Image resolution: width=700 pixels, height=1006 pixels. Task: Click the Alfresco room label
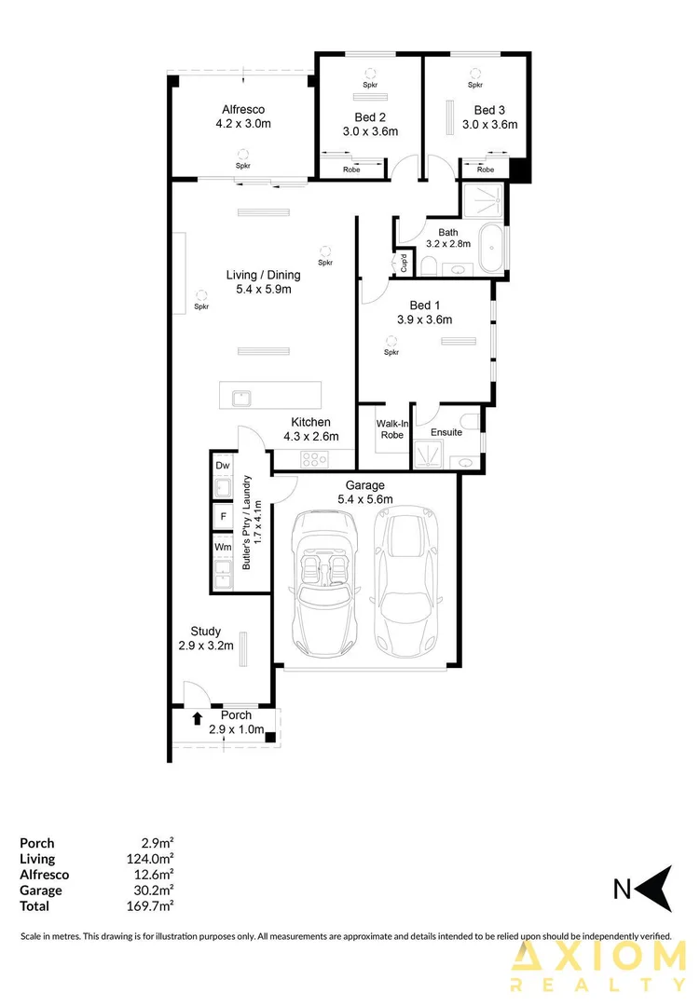pos(242,110)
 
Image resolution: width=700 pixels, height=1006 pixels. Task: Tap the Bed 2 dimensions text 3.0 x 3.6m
pos(370,132)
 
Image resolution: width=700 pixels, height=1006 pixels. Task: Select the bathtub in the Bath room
pos(490,248)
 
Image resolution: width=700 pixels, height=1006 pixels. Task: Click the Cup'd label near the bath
pos(404,263)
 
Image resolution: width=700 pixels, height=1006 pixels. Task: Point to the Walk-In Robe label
pos(392,428)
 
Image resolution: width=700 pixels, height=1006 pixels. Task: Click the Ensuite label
pos(446,432)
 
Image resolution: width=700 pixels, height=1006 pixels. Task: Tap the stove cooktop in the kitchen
pos(315,458)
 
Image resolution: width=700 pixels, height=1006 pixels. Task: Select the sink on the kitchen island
pos(241,397)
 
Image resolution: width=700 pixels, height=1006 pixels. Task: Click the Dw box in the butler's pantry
pos(223,465)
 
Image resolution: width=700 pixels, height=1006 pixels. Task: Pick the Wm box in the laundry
pos(223,547)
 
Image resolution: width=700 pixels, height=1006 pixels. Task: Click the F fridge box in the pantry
pos(223,516)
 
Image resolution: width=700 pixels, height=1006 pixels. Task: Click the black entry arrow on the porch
pos(198,718)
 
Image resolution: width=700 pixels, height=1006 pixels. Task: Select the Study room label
pos(205,632)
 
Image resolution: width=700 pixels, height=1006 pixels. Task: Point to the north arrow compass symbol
pos(658,889)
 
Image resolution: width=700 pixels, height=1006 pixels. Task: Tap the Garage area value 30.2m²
pos(155,890)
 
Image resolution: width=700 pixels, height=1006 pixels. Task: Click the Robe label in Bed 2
pos(351,170)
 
